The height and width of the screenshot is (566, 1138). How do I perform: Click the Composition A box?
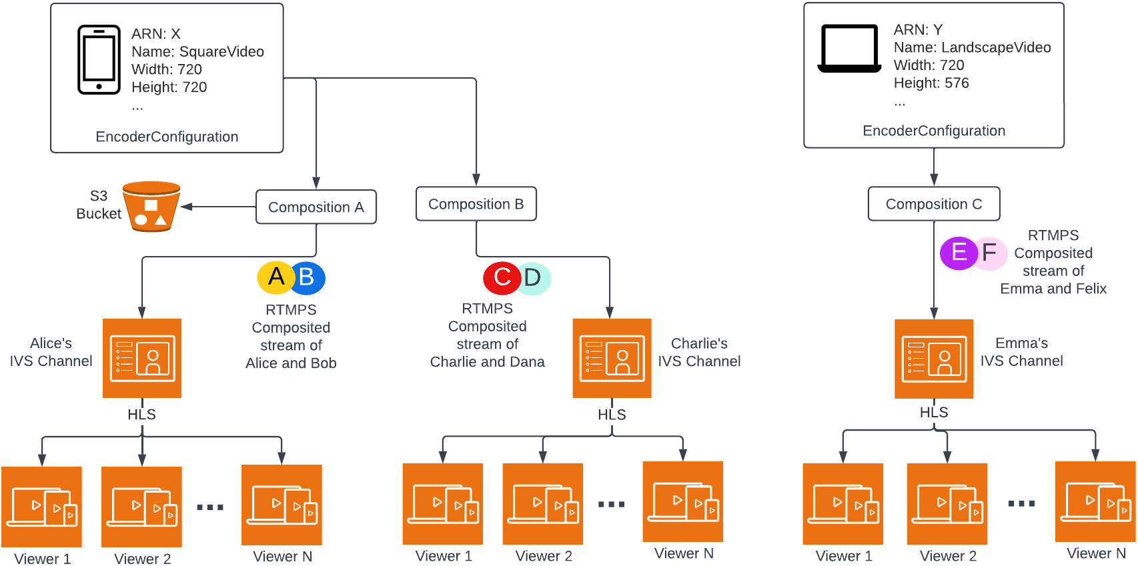click(x=316, y=207)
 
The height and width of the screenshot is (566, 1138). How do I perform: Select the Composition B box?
click(x=476, y=204)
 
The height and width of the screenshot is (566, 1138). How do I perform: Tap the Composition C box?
click(x=933, y=204)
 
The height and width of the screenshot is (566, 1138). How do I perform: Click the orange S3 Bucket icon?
click(x=151, y=207)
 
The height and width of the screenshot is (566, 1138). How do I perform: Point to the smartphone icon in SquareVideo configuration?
click(x=99, y=60)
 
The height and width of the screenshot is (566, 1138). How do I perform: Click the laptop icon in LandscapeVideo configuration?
click(x=849, y=49)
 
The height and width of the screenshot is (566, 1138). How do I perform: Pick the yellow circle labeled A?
click(x=275, y=277)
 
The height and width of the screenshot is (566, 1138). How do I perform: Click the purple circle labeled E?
click(x=958, y=253)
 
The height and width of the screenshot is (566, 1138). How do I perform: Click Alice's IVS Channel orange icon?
click(x=142, y=358)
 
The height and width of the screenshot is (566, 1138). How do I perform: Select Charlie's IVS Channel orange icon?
click(x=612, y=358)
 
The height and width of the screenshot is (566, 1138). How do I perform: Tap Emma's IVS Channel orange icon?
click(x=933, y=359)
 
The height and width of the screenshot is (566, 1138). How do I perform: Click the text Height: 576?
click(x=931, y=83)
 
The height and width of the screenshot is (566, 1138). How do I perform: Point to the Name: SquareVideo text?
click(x=197, y=52)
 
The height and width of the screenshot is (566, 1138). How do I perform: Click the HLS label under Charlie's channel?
click(x=612, y=415)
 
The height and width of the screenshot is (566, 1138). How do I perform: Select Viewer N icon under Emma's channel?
click(x=1095, y=501)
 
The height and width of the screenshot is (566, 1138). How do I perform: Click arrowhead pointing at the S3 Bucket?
click(x=187, y=207)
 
